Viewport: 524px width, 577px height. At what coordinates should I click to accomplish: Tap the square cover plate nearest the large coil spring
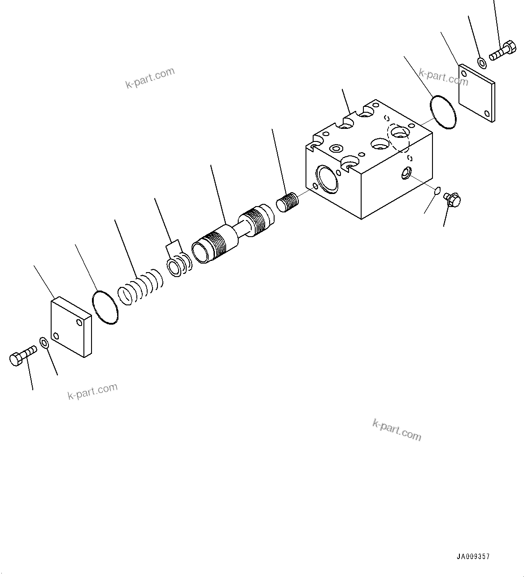(71, 327)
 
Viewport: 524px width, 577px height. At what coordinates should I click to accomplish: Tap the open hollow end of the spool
(200, 252)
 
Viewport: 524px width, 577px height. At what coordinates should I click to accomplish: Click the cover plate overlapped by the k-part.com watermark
(476, 92)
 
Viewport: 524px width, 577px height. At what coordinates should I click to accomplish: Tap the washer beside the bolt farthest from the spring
(482, 62)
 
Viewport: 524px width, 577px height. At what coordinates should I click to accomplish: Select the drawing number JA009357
(473, 557)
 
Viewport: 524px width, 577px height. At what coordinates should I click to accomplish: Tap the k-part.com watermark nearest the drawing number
(397, 430)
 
